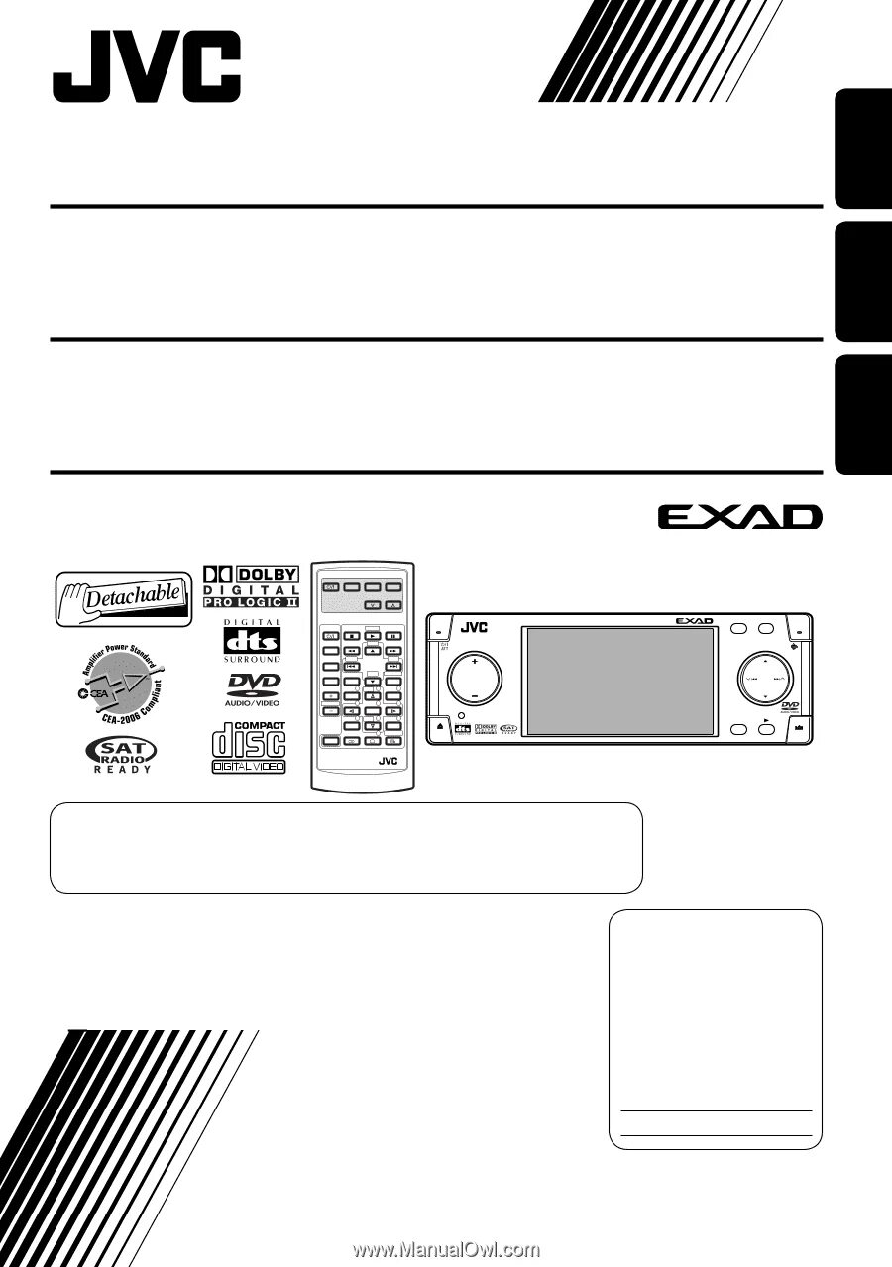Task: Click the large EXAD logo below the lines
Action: point(737,517)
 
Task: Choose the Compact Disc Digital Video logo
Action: point(248,748)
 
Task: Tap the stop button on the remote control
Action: point(352,634)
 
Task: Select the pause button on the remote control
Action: point(393,634)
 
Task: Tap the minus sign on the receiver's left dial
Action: point(474,697)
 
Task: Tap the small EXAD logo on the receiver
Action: point(694,621)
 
